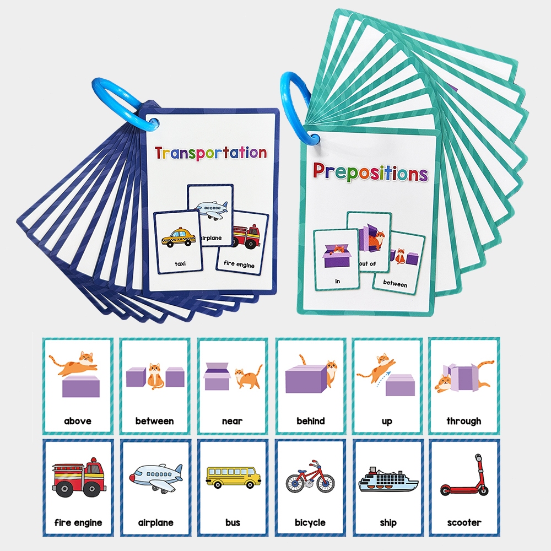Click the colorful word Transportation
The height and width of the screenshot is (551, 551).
pos(210,153)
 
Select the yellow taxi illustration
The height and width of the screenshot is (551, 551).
pos(178,238)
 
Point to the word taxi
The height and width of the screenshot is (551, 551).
pos(180,264)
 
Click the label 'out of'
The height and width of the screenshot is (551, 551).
pos(368,264)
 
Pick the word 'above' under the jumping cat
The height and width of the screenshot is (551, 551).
pos(78,421)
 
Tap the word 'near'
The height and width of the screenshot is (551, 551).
pos(232,421)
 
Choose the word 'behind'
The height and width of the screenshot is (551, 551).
pos(310,421)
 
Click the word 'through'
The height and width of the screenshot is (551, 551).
pos(464,421)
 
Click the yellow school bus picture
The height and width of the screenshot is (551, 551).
pos(233,477)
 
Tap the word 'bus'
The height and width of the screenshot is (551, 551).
pos(233,522)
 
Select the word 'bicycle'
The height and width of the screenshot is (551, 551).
pos(310,522)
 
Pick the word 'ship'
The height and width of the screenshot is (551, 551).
pos(388,522)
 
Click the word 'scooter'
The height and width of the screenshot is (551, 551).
pos(464,522)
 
